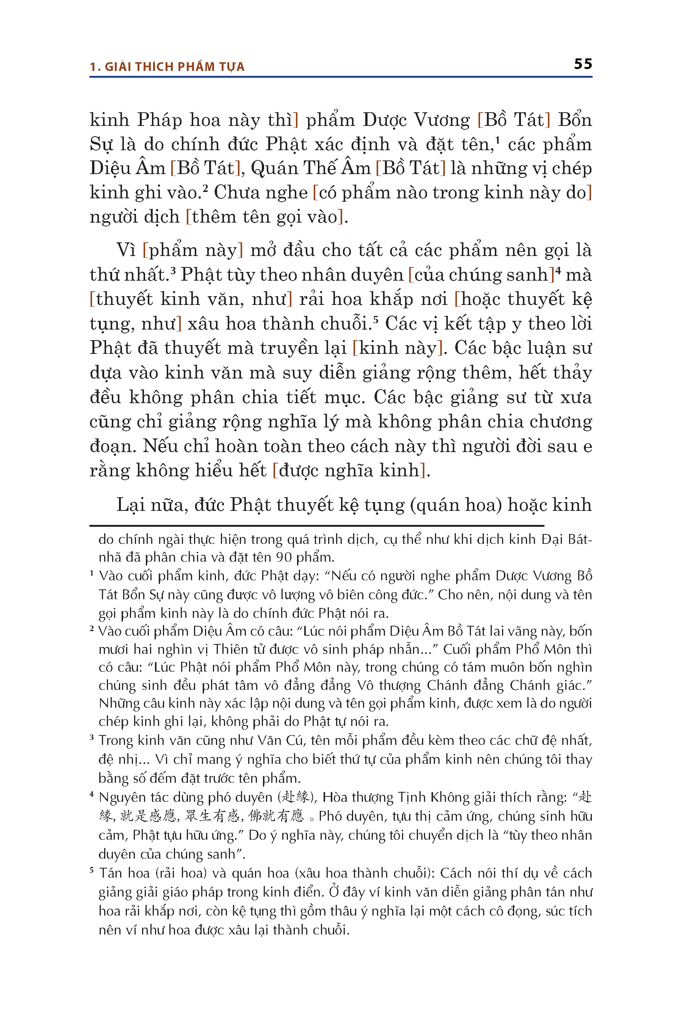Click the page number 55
tap(582, 64)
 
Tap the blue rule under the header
tap(341, 77)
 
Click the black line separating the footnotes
tap(317, 526)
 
